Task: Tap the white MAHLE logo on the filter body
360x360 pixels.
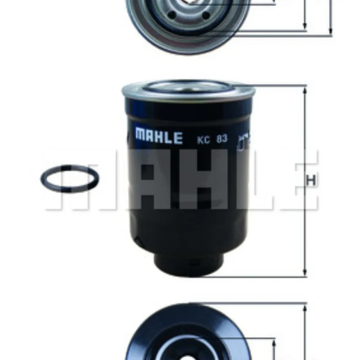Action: [158, 137]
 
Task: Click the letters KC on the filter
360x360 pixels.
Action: [202, 139]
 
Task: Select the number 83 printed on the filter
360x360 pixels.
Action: [222, 139]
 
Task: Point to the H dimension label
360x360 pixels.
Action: [310, 180]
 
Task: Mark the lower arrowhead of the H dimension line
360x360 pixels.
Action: [305, 273]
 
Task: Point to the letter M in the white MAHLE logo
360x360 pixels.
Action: [141, 137]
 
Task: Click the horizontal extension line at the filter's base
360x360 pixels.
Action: [253, 277]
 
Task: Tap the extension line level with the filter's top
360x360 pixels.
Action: [277, 85]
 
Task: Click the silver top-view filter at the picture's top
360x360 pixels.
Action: [187, 23]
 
